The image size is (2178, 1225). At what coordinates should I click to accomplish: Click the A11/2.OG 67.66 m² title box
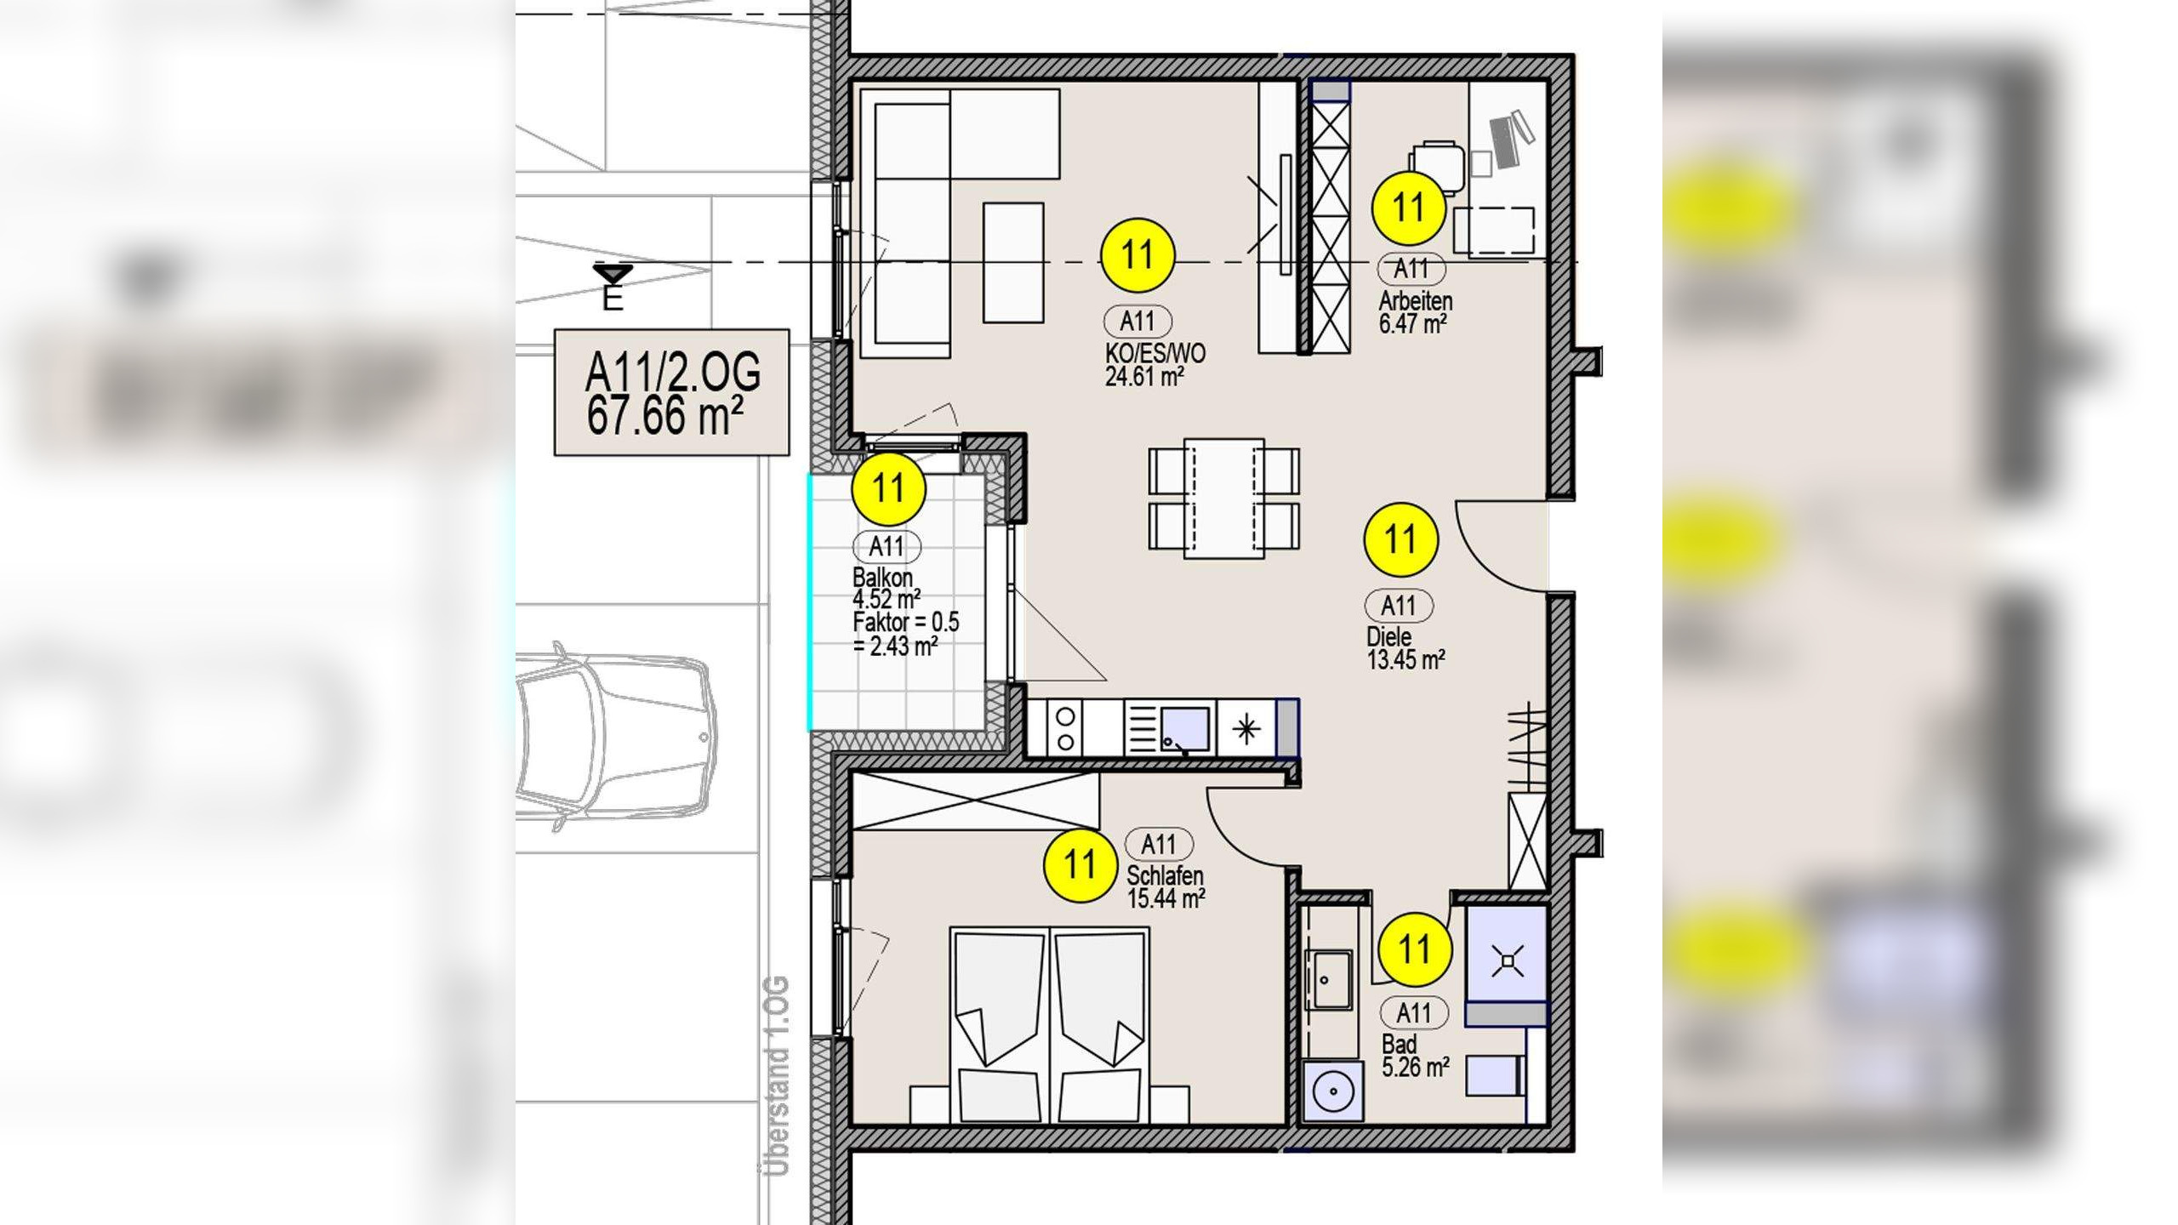pos(671,393)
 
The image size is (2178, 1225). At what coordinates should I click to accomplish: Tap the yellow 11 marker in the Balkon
pos(888,488)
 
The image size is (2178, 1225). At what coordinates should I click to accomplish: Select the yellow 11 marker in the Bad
pos(1415,949)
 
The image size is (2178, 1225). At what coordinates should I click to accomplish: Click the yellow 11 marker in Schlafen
pos(1080,866)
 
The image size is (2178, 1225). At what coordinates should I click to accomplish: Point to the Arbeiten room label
pos(1416,301)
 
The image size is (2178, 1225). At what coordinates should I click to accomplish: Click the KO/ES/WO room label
pos(1155,353)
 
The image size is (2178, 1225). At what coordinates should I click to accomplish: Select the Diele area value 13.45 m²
pos(1405,659)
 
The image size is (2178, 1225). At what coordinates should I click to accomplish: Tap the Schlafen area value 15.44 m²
pos(1166,898)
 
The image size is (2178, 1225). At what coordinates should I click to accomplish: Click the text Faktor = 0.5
pos(906,622)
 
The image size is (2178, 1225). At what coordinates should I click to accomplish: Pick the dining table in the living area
pos(1223,499)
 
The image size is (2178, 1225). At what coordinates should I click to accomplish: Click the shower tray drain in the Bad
pos(1508,961)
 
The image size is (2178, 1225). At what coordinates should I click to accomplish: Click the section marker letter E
pos(613,299)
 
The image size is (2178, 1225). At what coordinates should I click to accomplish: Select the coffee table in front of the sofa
pos(1013,263)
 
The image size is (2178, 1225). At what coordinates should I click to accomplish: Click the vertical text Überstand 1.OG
pos(777,1075)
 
